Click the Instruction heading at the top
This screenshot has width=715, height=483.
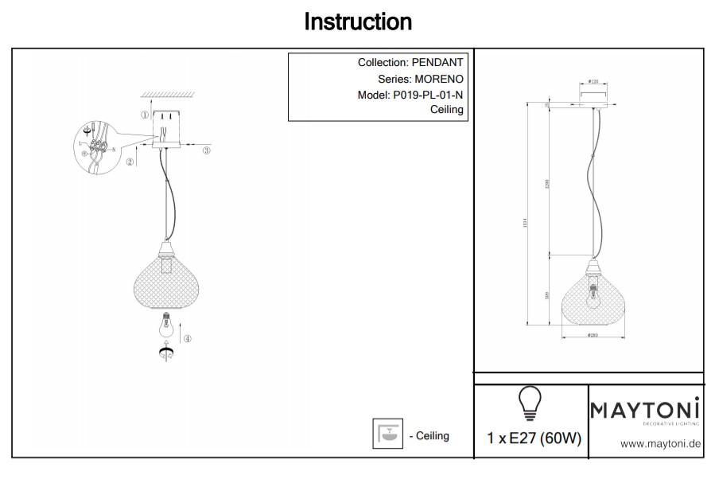click(x=358, y=21)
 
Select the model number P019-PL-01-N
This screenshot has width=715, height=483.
click(x=428, y=95)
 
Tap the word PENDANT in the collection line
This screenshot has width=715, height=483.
click(x=437, y=63)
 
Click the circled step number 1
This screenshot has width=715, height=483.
click(x=144, y=115)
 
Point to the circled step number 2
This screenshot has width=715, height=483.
click(x=129, y=162)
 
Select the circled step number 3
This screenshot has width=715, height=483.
click(x=206, y=150)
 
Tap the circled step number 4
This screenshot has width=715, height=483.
click(x=188, y=338)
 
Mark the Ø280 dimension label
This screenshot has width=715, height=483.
click(x=593, y=335)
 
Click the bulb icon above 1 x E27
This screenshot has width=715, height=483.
click(x=530, y=402)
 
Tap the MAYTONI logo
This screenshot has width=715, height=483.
click(x=645, y=410)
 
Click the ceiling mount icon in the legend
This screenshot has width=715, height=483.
click(x=388, y=434)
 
